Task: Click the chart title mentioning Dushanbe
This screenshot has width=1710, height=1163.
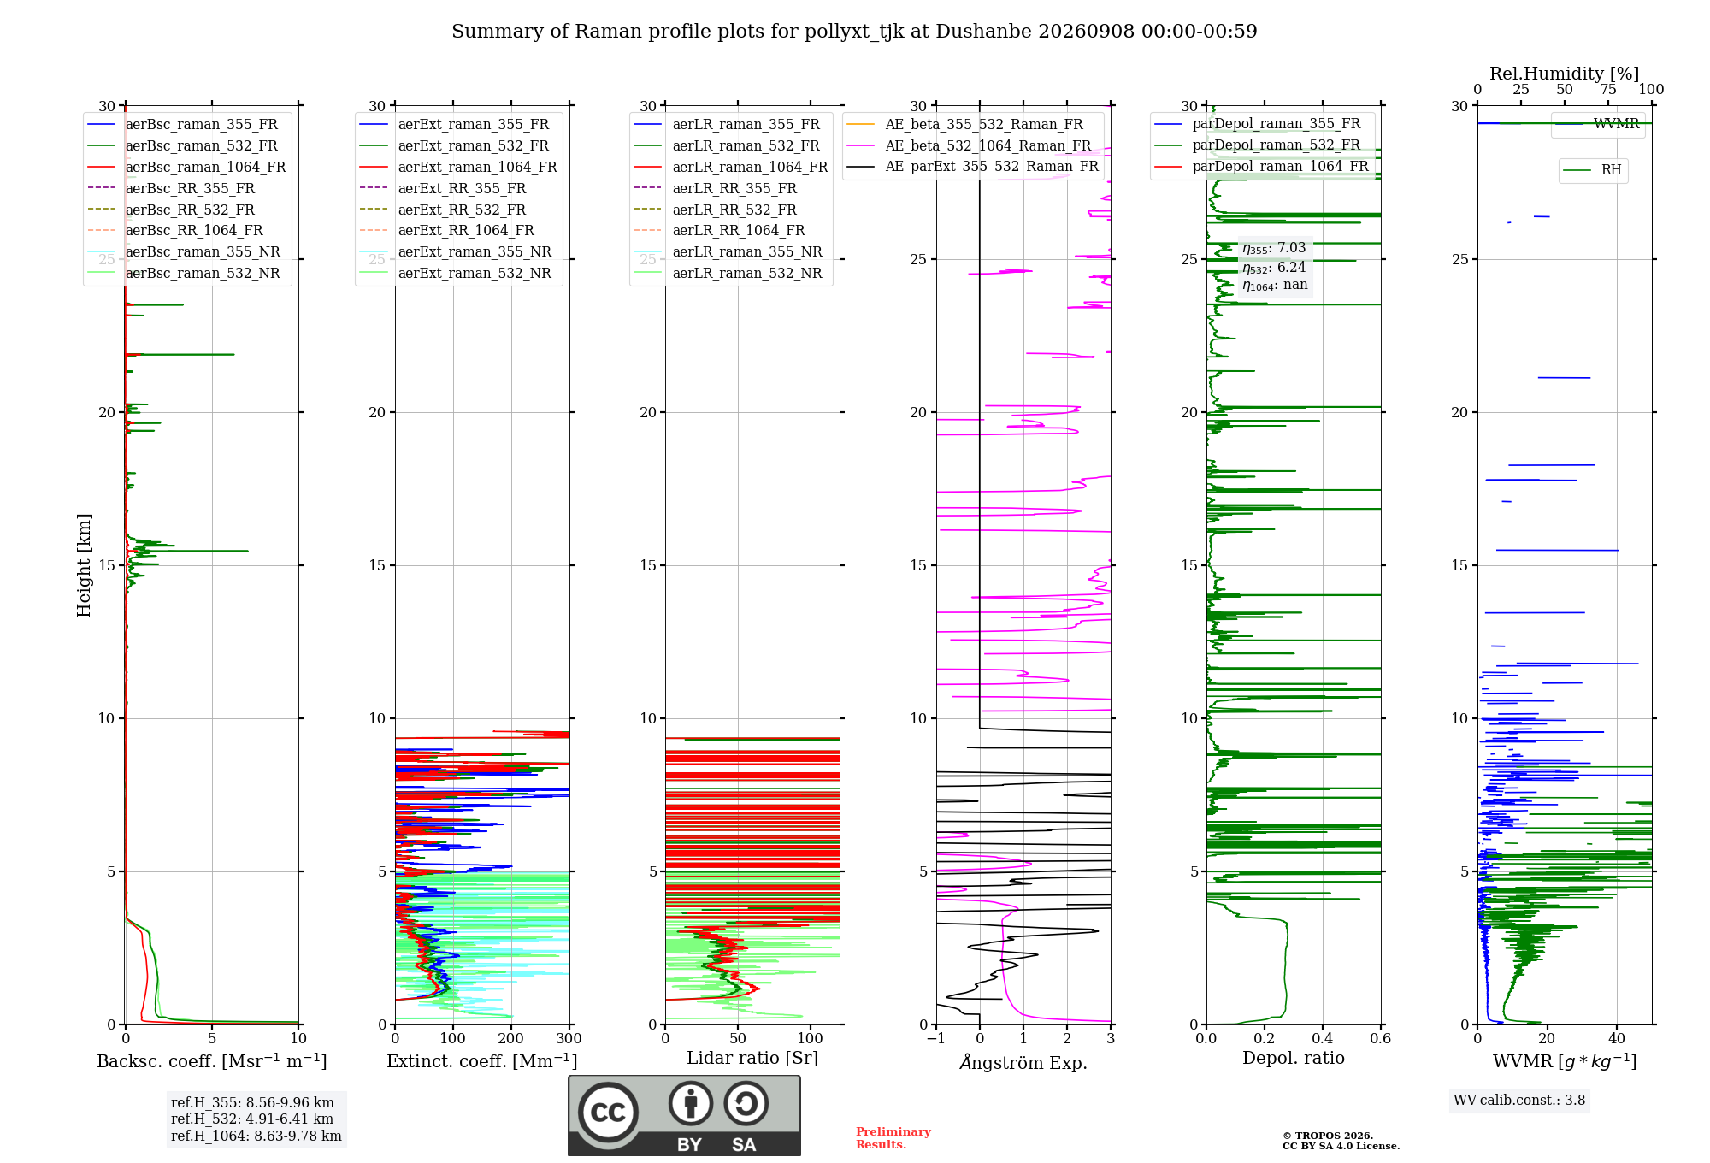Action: point(854,32)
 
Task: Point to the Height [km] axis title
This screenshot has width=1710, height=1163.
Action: point(84,565)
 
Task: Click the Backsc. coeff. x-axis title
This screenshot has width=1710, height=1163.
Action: point(212,1061)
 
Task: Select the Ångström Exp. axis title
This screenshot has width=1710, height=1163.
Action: point(1023,1062)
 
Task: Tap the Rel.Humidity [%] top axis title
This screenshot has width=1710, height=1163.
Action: point(1565,74)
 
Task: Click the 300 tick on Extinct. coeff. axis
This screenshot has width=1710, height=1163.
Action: point(569,1039)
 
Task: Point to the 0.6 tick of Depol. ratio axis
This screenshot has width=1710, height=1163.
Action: point(1381,1039)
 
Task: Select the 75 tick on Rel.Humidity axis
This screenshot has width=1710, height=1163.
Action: point(1608,90)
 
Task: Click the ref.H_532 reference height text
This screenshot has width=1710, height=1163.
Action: point(252,1119)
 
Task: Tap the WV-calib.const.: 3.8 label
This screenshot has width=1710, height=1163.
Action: point(1519,1101)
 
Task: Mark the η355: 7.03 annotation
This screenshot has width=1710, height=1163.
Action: point(1274,249)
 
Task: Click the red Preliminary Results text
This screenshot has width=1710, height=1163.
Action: point(893,1138)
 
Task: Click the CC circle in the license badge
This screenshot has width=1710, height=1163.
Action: point(608,1113)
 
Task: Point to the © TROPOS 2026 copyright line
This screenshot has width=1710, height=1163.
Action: point(1328,1136)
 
